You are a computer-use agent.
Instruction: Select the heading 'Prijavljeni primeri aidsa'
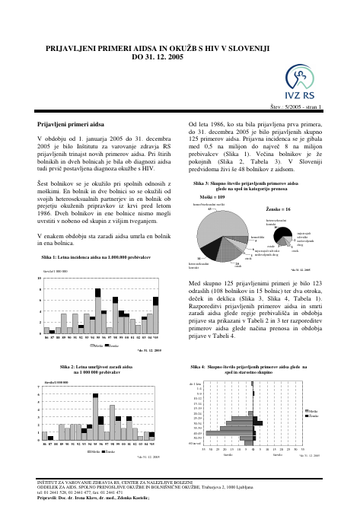pos(71,123)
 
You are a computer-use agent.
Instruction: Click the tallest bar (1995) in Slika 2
pos(96,417)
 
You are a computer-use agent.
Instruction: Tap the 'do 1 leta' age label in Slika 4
pos(196,384)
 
